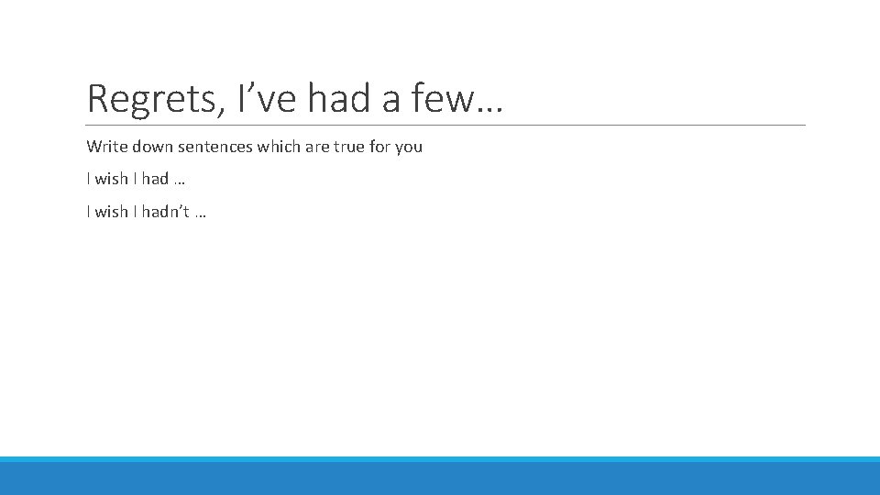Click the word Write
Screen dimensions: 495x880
point(106,147)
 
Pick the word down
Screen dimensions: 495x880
point(154,147)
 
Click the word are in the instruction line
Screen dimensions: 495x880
point(317,147)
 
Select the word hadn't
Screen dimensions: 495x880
point(166,212)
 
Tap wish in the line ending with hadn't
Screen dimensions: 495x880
point(111,212)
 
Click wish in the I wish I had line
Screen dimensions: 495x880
point(111,179)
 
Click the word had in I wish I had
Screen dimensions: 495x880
point(155,179)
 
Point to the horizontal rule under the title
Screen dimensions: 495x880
point(445,125)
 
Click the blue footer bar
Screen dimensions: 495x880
point(440,477)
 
